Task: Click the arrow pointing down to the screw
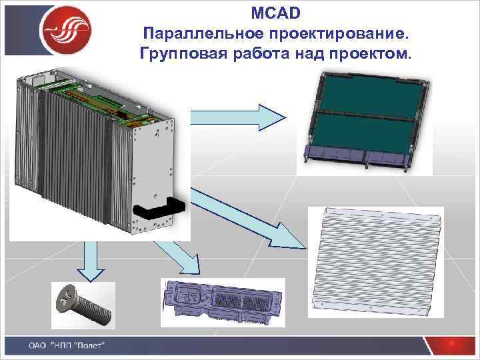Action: point(89,260)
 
